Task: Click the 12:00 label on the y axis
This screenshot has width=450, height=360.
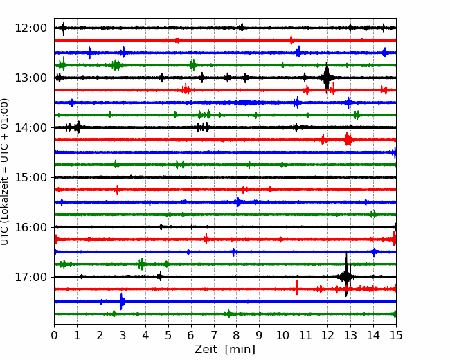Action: tap(30, 28)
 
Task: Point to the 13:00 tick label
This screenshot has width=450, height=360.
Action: tap(30, 78)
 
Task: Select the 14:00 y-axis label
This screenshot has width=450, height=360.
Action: tap(30, 127)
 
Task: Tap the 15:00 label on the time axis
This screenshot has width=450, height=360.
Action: tap(30, 177)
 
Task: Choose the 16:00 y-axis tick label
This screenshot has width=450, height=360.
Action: tap(30, 227)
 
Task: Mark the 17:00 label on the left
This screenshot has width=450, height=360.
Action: tap(30, 277)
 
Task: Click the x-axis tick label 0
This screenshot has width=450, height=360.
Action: tap(54, 335)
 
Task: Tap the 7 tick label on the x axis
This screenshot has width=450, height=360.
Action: tap(213, 335)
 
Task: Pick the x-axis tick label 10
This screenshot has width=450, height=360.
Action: tap(282, 335)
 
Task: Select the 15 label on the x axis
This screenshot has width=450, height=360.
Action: tap(396, 335)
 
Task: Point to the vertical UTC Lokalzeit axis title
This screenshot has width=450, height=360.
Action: tap(4, 172)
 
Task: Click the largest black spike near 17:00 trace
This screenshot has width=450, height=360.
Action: tap(346, 274)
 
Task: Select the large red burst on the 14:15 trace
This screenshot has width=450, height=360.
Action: tap(348, 140)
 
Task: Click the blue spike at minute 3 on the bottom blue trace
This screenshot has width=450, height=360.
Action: tap(122, 301)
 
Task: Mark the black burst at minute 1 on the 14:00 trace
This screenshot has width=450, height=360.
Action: tap(78, 127)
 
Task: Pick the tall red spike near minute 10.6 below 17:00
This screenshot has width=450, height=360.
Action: tap(297, 288)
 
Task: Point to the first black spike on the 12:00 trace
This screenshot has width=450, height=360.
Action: tap(64, 28)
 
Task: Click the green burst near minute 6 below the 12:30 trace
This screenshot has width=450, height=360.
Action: tap(192, 65)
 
